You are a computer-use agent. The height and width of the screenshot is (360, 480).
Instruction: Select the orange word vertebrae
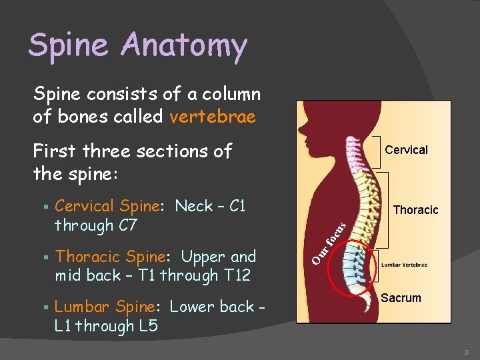(x=213, y=117)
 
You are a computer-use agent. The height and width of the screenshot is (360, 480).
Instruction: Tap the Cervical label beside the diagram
(x=406, y=150)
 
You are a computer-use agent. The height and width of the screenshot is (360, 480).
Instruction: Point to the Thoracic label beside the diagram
(x=415, y=210)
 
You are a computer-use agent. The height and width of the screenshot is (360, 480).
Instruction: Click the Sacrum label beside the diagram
(x=401, y=298)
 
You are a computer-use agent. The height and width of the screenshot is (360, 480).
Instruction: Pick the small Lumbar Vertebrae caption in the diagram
(x=405, y=265)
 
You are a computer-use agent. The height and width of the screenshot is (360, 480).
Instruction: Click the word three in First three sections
(x=105, y=151)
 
